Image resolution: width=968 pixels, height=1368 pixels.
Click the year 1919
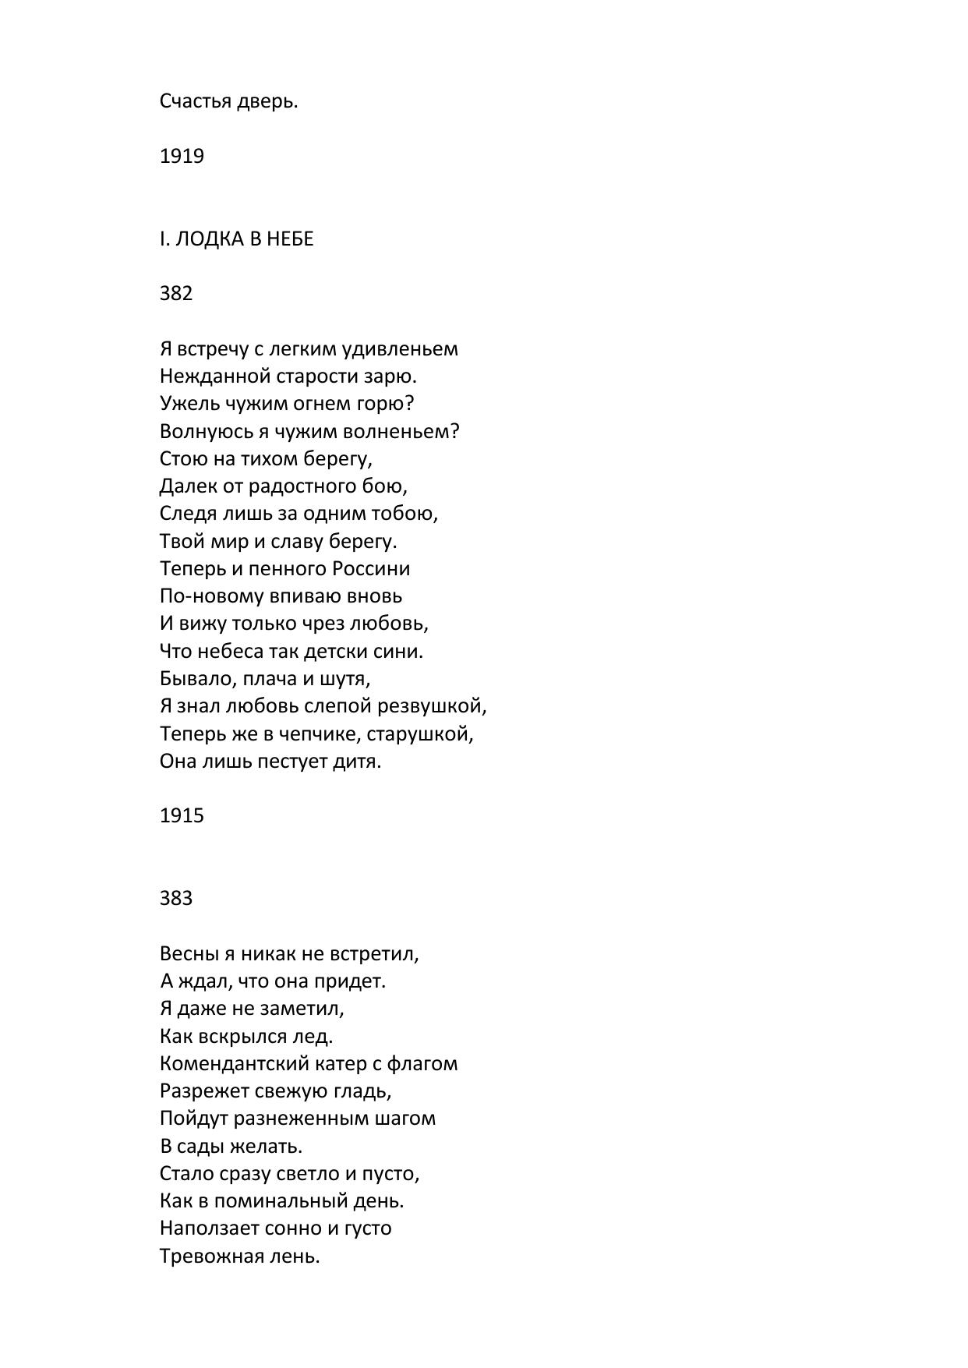(x=182, y=157)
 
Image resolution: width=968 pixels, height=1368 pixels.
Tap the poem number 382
(x=176, y=294)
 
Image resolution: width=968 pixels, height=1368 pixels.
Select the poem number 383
(x=176, y=899)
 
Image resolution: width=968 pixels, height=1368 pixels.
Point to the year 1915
(x=182, y=816)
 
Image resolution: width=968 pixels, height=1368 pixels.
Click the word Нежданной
(x=215, y=376)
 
